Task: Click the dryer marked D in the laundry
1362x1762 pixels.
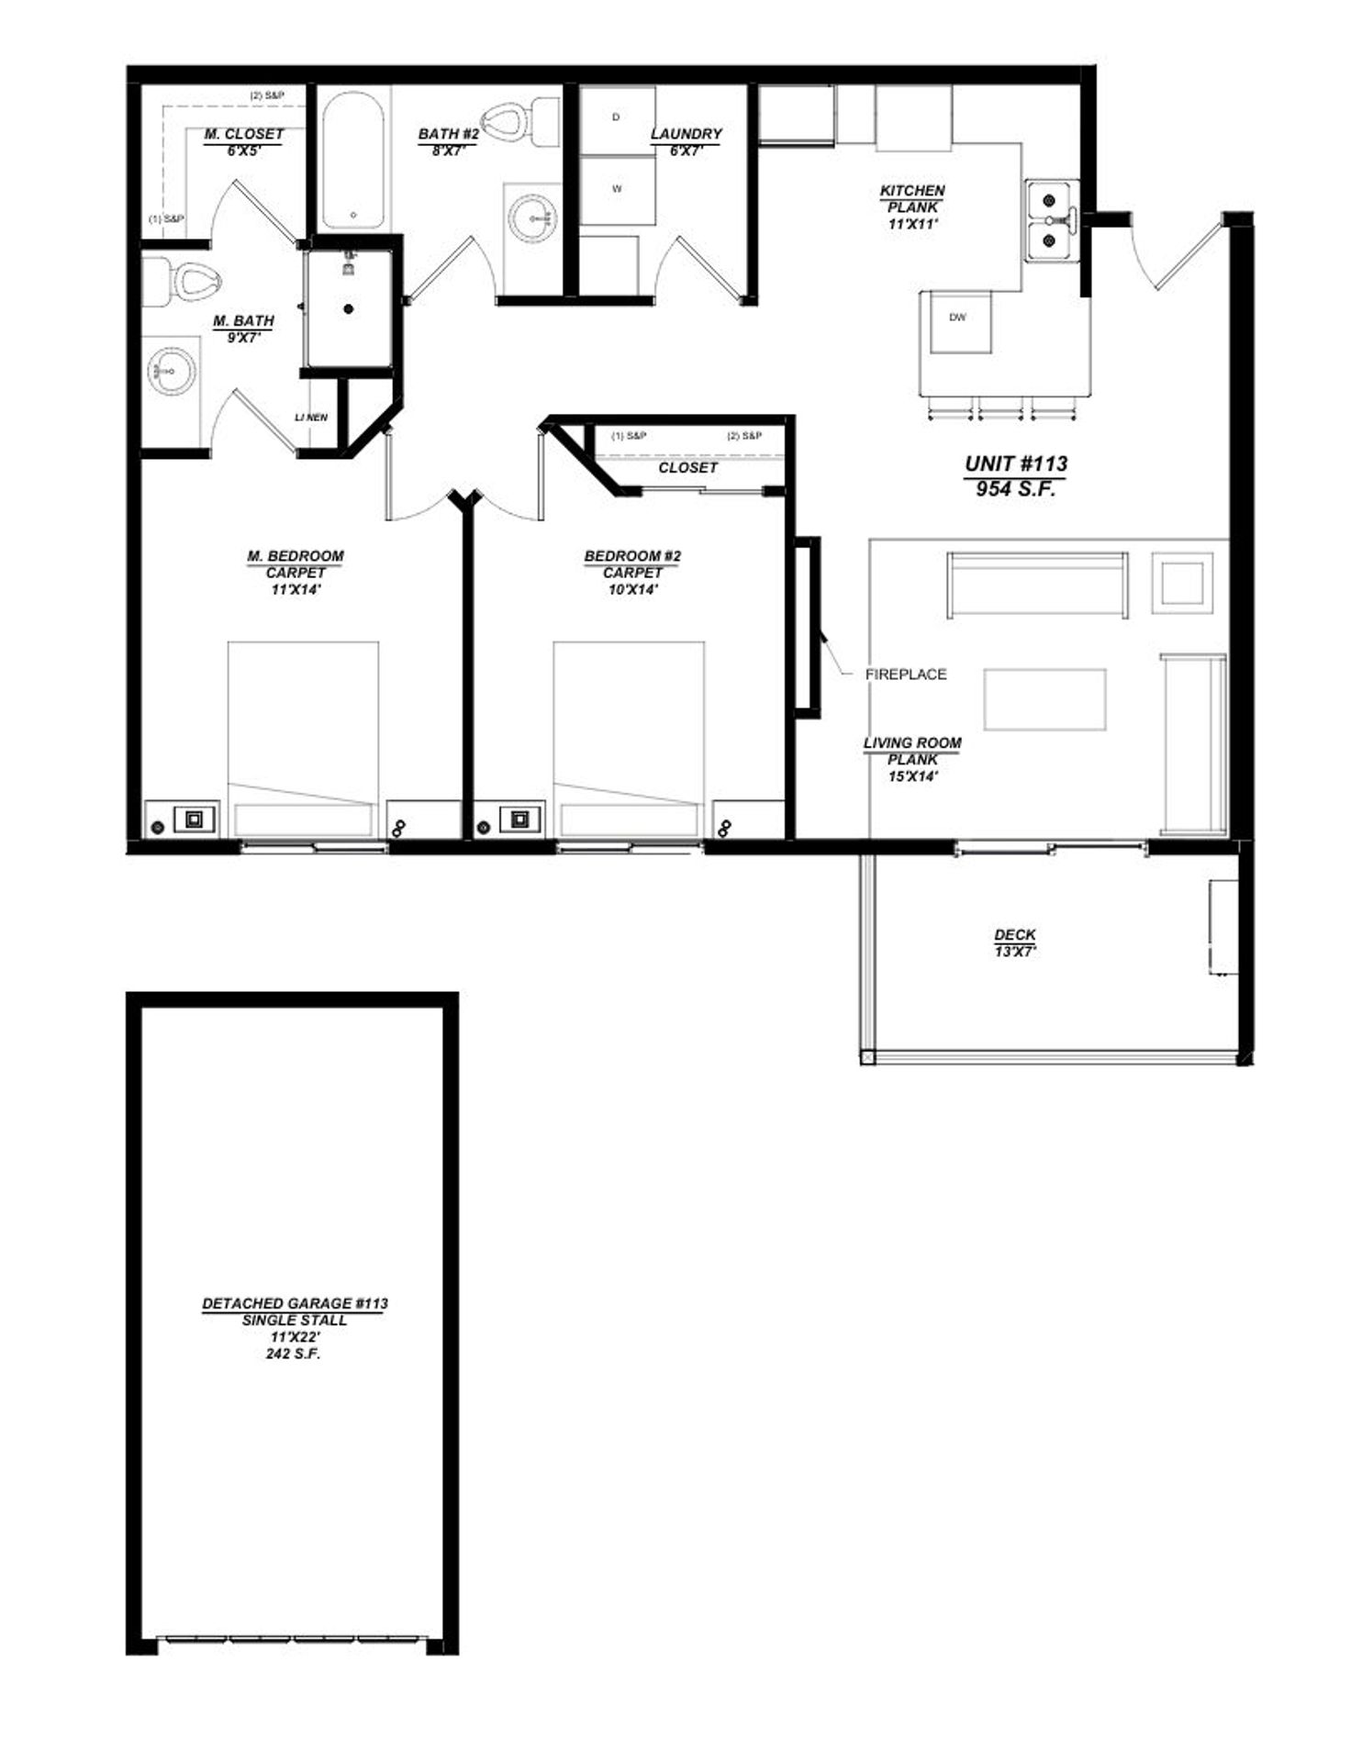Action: (618, 120)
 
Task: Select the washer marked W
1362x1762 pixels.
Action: (618, 190)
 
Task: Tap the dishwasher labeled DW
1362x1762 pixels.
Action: (959, 321)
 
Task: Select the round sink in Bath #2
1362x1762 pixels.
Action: (532, 218)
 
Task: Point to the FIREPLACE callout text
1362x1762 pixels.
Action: (906, 675)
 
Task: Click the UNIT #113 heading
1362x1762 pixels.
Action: (1016, 464)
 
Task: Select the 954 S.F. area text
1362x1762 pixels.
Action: (1016, 489)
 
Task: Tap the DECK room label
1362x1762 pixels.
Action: (1015, 935)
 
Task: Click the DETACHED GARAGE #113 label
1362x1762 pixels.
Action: (295, 1303)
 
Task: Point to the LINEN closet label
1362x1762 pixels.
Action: (311, 418)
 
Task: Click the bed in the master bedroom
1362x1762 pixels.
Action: (304, 740)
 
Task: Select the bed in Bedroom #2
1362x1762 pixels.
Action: (629, 740)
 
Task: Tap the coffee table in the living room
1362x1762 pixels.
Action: (1045, 699)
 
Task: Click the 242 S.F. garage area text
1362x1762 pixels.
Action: (294, 1354)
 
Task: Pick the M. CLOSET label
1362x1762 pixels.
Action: (244, 134)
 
